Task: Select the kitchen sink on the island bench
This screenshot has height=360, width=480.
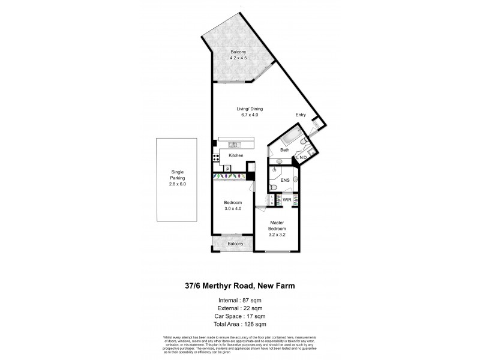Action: click(x=233, y=145)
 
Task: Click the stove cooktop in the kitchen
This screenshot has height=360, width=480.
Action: click(x=215, y=159)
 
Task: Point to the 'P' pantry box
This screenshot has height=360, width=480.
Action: click(x=228, y=170)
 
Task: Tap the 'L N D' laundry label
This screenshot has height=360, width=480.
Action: click(x=301, y=157)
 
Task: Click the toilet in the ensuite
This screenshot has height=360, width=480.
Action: click(x=274, y=187)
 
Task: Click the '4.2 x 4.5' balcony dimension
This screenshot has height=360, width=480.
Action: click(x=239, y=58)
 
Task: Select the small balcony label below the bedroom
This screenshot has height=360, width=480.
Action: click(x=235, y=244)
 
